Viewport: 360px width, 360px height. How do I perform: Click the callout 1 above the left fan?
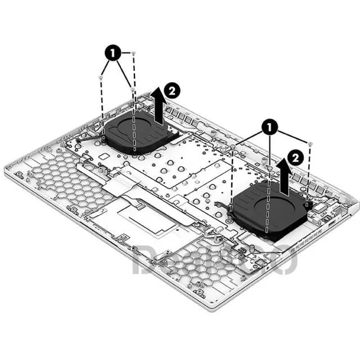pyautogui.click(x=112, y=54)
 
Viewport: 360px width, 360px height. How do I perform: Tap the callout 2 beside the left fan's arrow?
pyautogui.click(x=172, y=89)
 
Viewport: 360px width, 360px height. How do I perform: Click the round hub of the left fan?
pyautogui.click(x=135, y=130)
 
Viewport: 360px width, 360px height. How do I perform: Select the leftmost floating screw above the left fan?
pyautogui.click(x=101, y=76)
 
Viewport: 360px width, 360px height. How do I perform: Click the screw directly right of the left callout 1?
pyautogui.click(x=134, y=53)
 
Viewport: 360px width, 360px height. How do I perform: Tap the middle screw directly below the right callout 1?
pyautogui.click(x=271, y=167)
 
